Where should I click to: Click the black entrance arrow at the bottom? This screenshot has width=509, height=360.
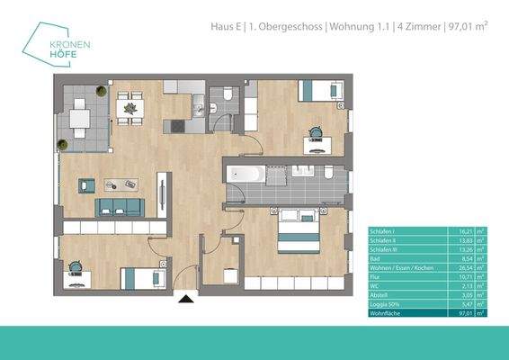tap(186, 300)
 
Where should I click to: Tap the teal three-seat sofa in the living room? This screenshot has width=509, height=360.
tap(120, 208)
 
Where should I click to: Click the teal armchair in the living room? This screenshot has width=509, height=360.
tap(87, 185)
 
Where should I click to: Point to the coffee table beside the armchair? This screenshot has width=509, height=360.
tap(121, 185)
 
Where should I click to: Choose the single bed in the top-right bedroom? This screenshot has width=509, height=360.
tap(319, 91)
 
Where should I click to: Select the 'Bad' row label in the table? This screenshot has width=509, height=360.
tap(376, 257)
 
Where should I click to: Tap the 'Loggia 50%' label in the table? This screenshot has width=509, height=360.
tap(383, 304)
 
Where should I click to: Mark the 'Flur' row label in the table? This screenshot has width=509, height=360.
tap(376, 277)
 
